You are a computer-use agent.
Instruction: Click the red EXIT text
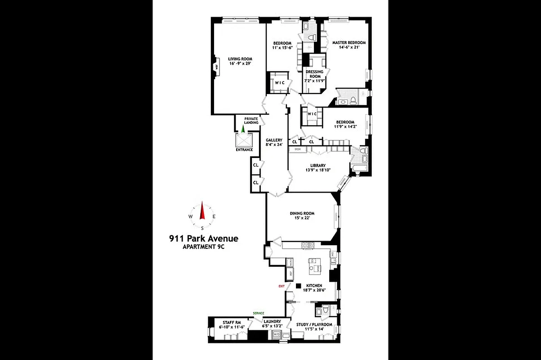pyautogui.click(x=282, y=286)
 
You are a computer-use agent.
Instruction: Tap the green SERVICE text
pyautogui.click(x=258, y=313)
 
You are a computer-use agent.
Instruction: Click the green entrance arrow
pyautogui.click(x=243, y=129)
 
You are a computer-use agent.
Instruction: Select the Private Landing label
pyautogui.click(x=251, y=121)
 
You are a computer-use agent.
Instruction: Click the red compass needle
pyautogui.click(x=202, y=210)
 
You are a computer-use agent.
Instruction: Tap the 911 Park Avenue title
pyautogui.click(x=204, y=238)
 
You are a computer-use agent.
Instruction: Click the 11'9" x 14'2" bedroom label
pyautogui.click(x=345, y=125)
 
